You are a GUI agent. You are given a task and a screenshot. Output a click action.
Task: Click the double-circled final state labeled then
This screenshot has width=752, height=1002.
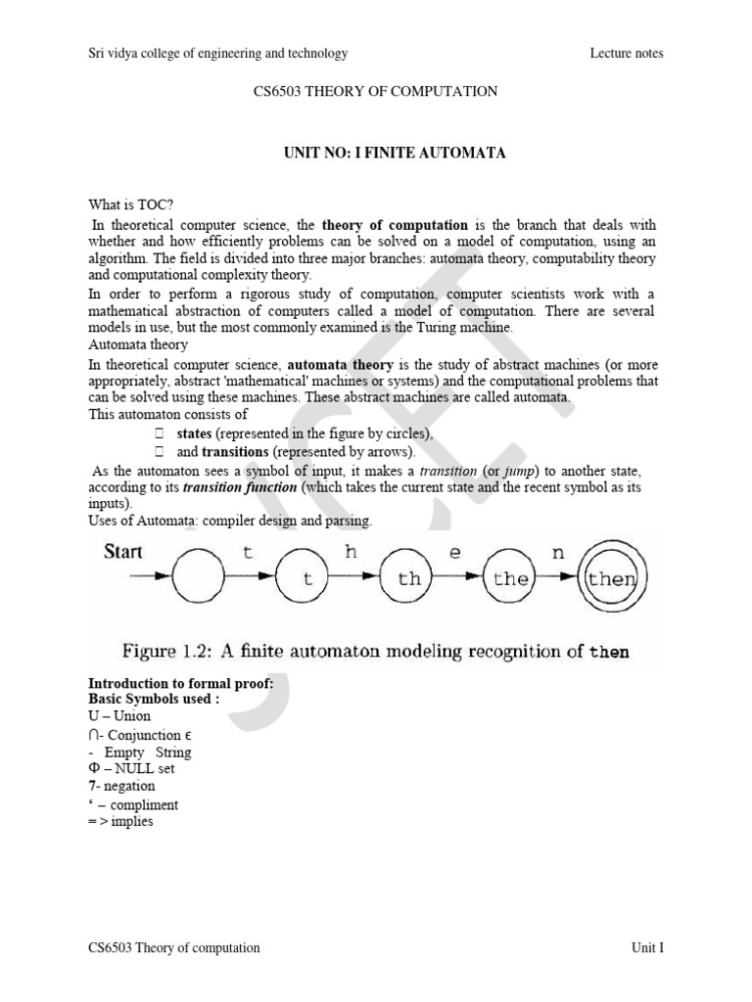(611, 579)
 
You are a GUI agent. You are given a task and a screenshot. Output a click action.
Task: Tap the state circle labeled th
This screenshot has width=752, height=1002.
(409, 579)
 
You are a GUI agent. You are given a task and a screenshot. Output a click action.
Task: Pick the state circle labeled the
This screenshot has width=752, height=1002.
(511, 579)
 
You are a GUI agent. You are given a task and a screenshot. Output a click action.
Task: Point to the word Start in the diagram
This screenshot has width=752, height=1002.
(123, 551)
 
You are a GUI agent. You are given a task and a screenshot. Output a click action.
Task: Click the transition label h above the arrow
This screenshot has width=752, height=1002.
(352, 552)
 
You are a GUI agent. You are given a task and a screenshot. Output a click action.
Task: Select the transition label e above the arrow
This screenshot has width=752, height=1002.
(454, 552)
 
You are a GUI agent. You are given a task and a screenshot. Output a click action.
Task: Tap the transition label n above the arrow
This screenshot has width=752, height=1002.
(558, 552)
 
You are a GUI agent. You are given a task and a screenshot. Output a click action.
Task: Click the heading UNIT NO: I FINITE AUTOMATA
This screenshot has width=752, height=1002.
(375, 155)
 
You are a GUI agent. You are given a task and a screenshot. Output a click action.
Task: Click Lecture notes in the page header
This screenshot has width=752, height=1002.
(627, 53)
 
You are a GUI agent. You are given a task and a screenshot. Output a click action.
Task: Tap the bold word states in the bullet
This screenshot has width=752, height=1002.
(194, 433)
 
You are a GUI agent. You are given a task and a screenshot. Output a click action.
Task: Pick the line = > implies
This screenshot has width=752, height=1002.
(121, 822)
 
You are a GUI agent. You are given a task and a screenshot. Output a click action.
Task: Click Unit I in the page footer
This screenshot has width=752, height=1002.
(647, 947)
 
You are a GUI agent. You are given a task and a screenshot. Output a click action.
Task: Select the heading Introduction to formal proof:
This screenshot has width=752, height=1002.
(181, 684)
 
